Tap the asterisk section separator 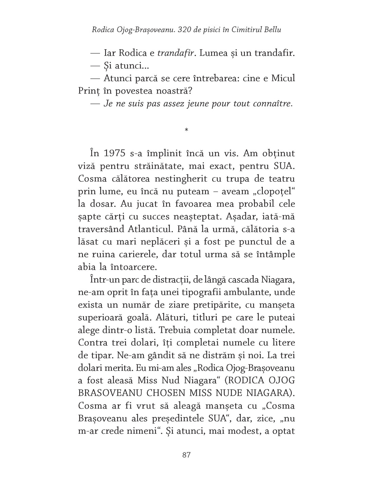point(186,129)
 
